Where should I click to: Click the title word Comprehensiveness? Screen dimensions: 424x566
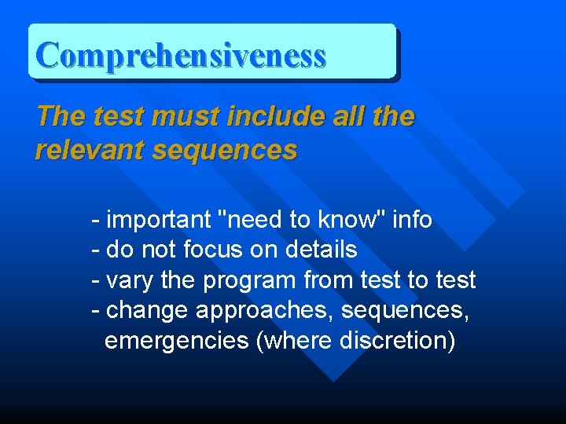coord(181,56)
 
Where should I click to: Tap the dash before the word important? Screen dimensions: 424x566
coord(95,221)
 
